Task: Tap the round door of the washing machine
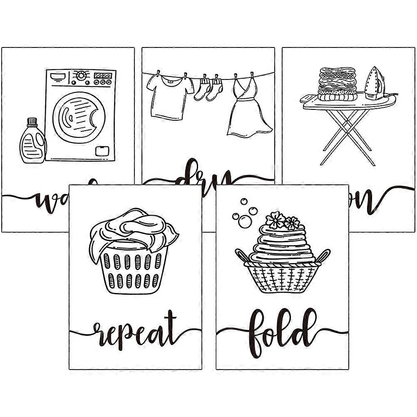(x=79, y=116)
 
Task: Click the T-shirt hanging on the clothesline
(x=168, y=96)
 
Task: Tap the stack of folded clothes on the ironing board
(x=337, y=83)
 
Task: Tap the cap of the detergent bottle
(x=32, y=122)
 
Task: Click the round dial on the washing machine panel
(x=82, y=75)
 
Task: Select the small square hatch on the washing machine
(x=102, y=151)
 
